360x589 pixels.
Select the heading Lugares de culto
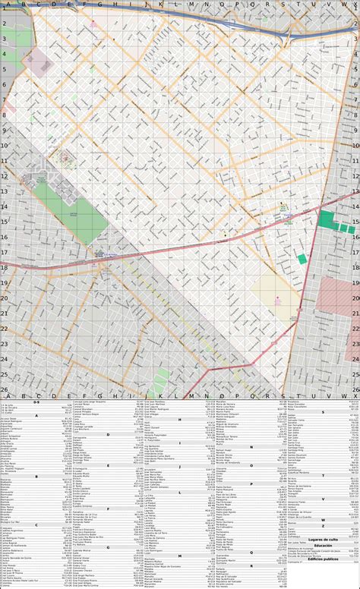323,540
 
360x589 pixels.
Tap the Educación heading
323,546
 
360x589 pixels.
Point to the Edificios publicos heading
323,558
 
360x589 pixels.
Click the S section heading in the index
323,411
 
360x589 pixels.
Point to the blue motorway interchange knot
287,33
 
